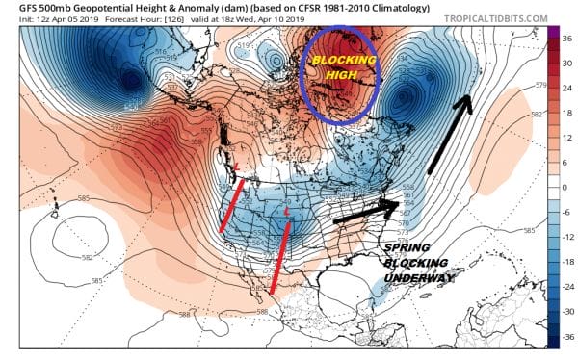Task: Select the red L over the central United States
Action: click(x=287, y=210)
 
